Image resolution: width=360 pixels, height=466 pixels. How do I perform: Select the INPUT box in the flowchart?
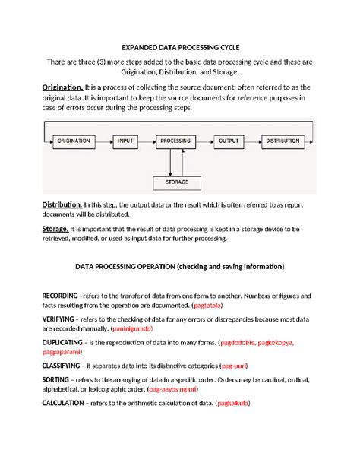pyautogui.click(x=125, y=141)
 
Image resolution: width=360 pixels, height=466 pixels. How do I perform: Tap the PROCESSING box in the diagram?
pyautogui.click(x=176, y=141)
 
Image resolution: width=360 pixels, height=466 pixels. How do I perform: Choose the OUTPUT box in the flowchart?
pyautogui.click(x=229, y=141)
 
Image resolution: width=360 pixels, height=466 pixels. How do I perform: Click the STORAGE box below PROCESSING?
pyautogui.click(x=176, y=182)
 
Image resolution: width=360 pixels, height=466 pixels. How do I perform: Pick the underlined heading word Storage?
pyautogui.click(x=55, y=228)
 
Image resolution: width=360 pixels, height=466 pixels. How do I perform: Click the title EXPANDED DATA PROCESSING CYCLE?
pyautogui.click(x=180, y=45)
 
